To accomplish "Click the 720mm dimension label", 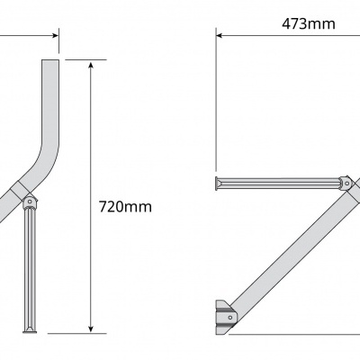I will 125,206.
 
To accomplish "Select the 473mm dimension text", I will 308,24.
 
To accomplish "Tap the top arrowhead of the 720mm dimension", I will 92,65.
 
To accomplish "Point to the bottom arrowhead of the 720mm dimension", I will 92,328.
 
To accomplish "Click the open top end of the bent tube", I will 49,60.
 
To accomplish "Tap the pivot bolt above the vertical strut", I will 30,200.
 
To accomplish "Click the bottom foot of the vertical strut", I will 30,329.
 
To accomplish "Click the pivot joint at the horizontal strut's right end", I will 346,183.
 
